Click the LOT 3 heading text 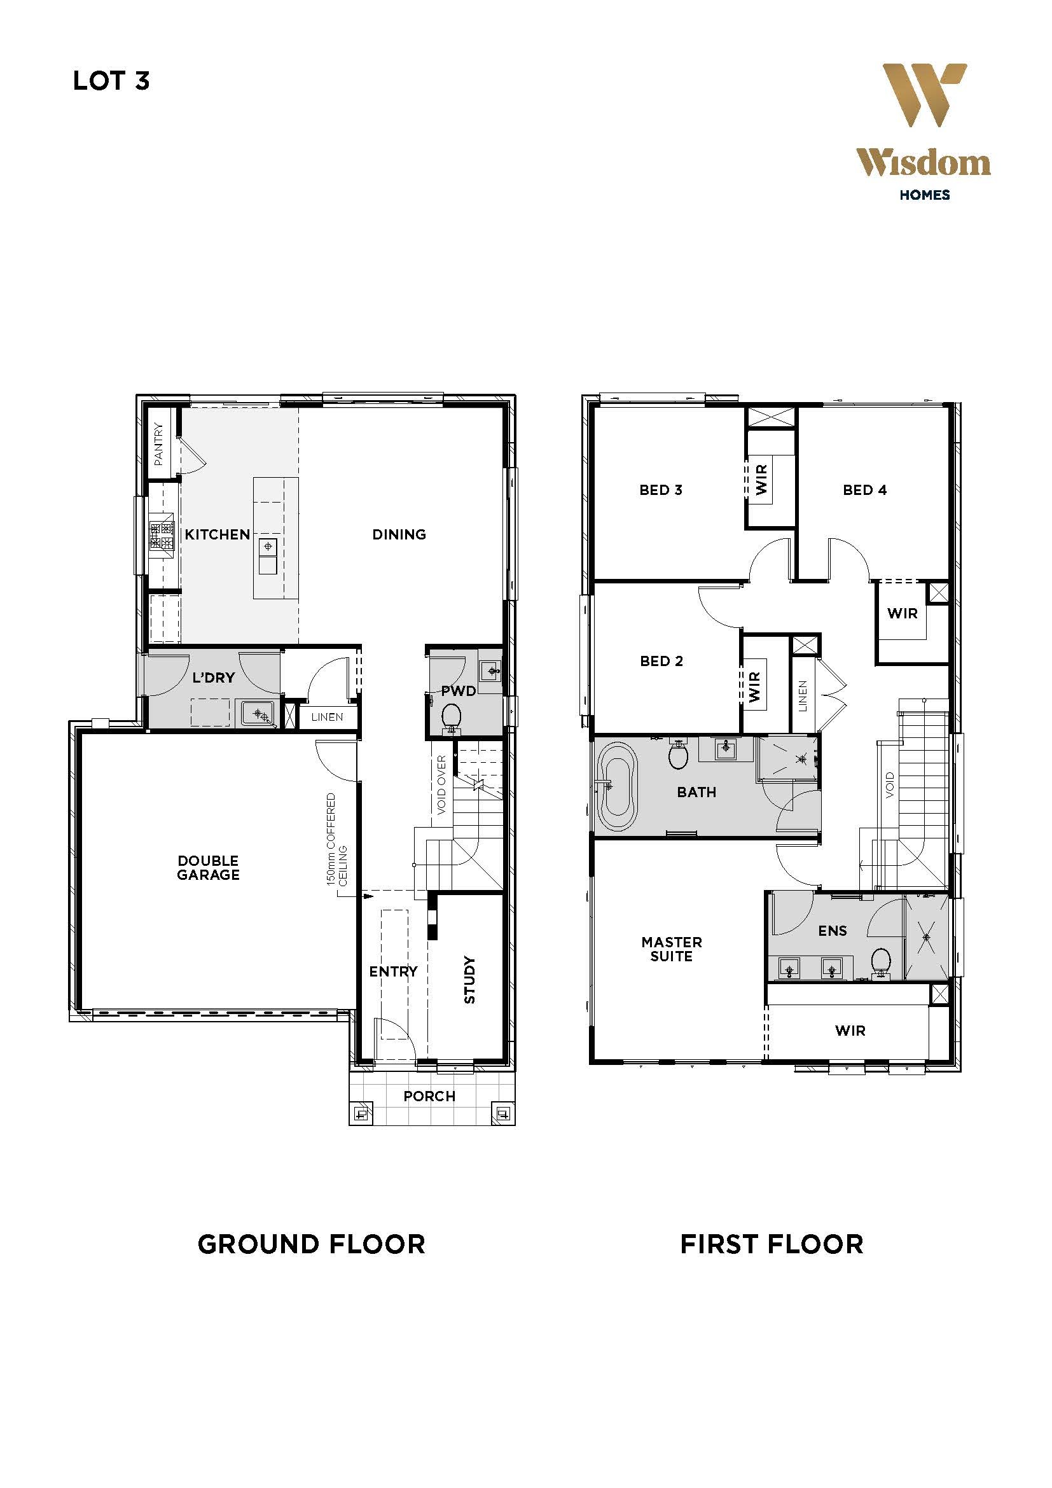[111, 81]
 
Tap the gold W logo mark [924, 95]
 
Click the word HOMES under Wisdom [924, 195]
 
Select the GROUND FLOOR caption [311, 1244]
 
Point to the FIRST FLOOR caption [772, 1244]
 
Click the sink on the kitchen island [268, 556]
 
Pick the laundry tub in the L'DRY [258, 714]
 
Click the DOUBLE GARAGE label [208, 868]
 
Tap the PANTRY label [159, 445]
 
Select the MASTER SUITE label [672, 949]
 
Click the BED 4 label [865, 490]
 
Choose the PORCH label [429, 1096]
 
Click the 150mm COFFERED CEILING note [336, 839]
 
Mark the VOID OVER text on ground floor [442, 785]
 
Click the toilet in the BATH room [678, 754]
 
